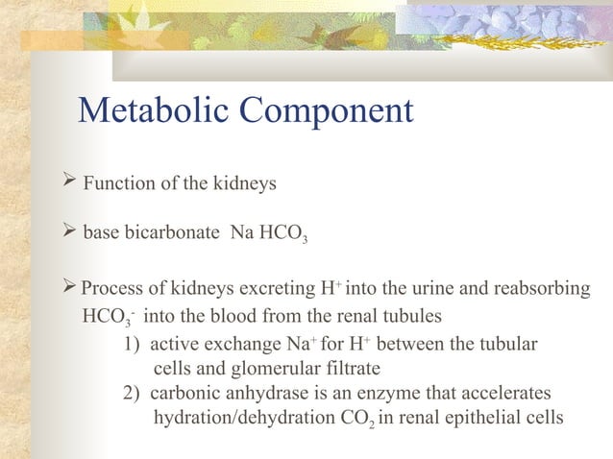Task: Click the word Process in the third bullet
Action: tap(110, 289)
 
